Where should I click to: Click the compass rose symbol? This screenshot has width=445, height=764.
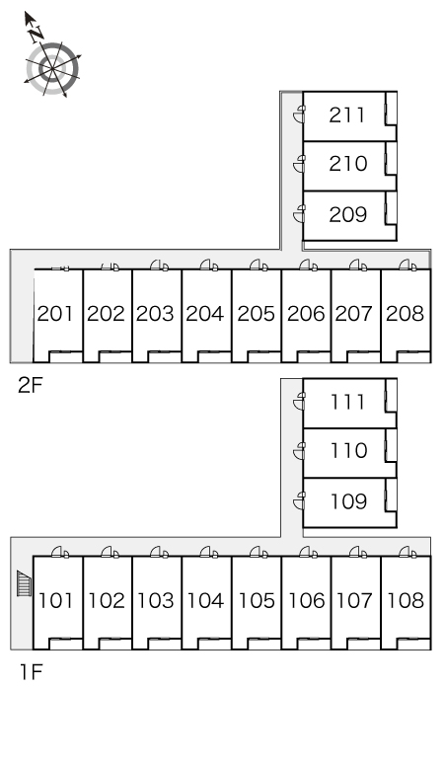(x=52, y=68)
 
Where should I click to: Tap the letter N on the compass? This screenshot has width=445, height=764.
(x=37, y=34)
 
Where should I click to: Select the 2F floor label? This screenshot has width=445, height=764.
(x=31, y=385)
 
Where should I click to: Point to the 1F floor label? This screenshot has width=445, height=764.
(x=31, y=672)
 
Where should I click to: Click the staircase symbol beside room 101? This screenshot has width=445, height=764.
(x=25, y=583)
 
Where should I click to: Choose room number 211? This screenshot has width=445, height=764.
(x=346, y=115)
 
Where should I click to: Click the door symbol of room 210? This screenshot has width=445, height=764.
(x=299, y=164)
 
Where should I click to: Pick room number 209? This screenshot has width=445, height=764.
(x=347, y=214)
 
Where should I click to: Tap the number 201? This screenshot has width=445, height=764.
(x=55, y=313)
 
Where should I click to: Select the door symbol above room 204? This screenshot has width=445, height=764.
(x=209, y=266)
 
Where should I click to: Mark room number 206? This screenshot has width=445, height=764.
(x=306, y=313)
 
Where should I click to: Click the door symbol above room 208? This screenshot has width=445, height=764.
(x=408, y=266)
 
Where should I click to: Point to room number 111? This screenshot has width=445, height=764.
(x=347, y=402)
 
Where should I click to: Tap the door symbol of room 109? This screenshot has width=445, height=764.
(x=299, y=501)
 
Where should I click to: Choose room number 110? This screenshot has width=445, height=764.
(x=348, y=451)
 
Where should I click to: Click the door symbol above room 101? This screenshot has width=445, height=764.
(x=60, y=552)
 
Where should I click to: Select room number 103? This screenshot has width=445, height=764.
(x=155, y=600)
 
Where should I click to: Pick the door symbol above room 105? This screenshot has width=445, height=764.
(x=259, y=552)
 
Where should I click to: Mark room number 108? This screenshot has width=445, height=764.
(x=406, y=600)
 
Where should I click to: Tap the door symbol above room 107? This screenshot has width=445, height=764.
(x=358, y=552)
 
